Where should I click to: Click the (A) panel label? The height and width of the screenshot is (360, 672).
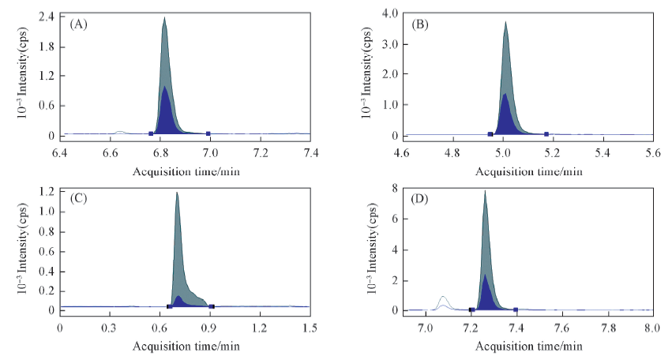[x=78, y=24]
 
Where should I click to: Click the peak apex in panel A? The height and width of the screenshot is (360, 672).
[x=164, y=17]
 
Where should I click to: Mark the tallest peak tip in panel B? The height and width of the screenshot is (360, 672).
[x=505, y=22]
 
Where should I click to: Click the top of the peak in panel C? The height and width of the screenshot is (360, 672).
[x=177, y=193]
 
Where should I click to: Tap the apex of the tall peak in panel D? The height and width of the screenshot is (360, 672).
[x=485, y=191]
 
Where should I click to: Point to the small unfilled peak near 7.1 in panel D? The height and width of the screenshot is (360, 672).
[x=443, y=297]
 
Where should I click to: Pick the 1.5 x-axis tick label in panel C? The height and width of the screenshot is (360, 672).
[x=310, y=325]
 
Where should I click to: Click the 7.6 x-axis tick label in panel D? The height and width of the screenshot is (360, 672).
[x=561, y=325]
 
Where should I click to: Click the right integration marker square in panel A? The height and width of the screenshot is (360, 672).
[x=208, y=133]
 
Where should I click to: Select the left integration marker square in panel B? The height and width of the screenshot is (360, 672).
[x=490, y=134]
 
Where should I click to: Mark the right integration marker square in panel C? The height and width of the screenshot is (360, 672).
[x=212, y=306]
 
